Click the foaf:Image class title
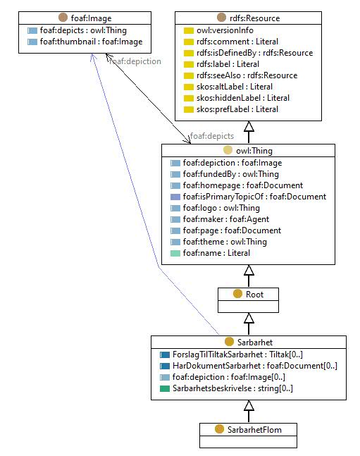[x=91, y=18]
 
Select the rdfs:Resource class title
[x=255, y=18]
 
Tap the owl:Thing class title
[x=254, y=151]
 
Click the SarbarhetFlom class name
[x=254, y=429]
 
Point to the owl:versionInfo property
[x=225, y=30]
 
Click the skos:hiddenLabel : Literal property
[x=243, y=98]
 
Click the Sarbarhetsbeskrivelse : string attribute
[x=232, y=388]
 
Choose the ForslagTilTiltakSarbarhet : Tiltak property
[x=237, y=355]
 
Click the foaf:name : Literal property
[x=216, y=253]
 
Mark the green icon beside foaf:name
[x=175, y=253]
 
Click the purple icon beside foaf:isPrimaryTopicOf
[x=175, y=197]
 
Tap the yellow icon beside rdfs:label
[x=189, y=64]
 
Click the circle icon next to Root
[x=237, y=294]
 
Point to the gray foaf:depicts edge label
[x=212, y=136]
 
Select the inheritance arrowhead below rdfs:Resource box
[x=249, y=126]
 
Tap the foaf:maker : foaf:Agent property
[x=226, y=219]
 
